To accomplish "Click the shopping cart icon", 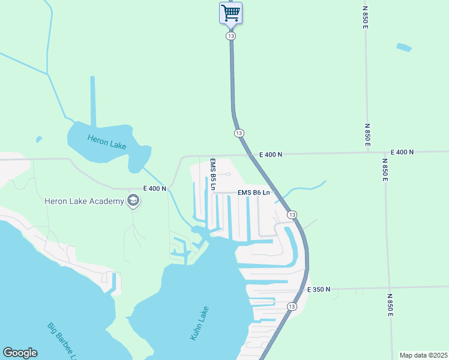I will (231, 13).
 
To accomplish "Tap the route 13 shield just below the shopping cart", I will (231, 36).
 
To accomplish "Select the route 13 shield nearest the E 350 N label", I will (292, 306).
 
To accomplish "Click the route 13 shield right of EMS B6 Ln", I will (292, 215).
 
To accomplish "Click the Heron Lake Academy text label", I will (83, 201).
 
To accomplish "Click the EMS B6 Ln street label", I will (254, 193).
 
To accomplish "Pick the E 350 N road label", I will (319, 290).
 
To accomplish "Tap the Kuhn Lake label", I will (200, 324).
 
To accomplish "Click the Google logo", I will (20, 353).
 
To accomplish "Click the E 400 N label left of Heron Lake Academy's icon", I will (155, 188).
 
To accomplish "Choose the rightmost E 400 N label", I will (402, 152).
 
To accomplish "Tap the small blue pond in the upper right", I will (404, 47).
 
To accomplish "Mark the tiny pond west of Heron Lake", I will (39, 139).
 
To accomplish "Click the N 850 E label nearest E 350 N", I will (390, 305).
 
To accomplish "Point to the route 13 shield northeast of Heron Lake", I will (239, 133).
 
